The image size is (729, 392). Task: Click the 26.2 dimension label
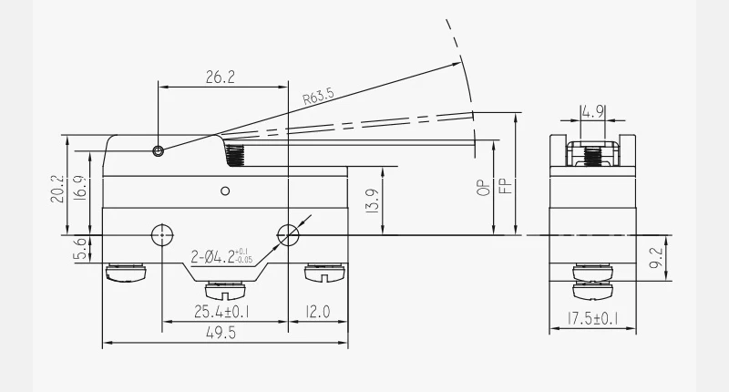(221, 77)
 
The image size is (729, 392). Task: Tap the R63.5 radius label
(318, 97)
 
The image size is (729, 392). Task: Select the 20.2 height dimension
(56, 189)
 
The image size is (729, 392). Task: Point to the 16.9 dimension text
(79, 188)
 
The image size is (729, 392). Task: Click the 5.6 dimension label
(80, 249)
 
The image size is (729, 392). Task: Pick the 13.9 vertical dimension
(373, 201)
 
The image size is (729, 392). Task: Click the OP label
(484, 188)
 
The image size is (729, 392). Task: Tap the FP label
(506, 186)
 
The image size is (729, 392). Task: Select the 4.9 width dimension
(593, 111)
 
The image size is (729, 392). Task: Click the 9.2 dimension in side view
(655, 258)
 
